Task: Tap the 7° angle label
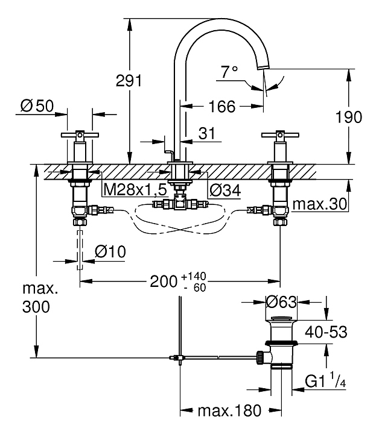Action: tap(229, 73)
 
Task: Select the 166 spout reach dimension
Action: tap(221, 107)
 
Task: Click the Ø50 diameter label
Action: tap(37, 106)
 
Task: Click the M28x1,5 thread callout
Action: tap(135, 190)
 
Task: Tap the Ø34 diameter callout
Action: tap(225, 190)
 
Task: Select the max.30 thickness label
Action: tap(320, 204)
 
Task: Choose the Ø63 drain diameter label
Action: tap(281, 301)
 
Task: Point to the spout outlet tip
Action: tap(263, 66)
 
